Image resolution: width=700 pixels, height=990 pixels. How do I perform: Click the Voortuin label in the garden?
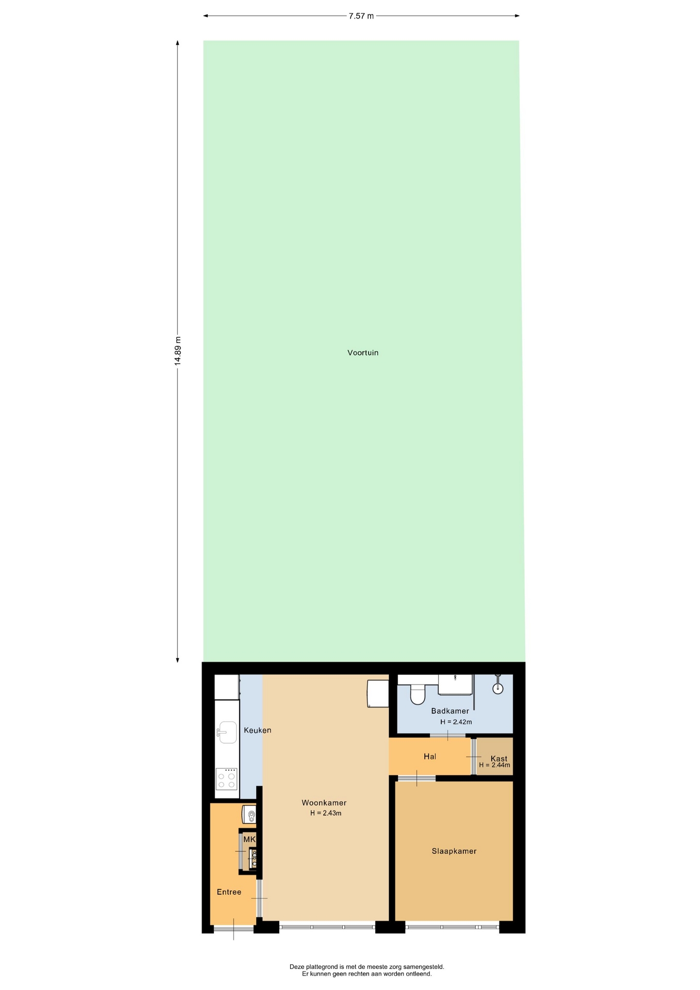363,353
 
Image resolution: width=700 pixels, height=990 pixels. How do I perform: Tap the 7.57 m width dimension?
361,16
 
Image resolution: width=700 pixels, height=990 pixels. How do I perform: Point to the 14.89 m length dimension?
178,351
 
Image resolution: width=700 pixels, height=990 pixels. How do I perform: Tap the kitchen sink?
227,732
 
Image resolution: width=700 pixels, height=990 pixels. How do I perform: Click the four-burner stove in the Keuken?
227,779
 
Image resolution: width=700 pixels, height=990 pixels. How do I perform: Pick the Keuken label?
257,730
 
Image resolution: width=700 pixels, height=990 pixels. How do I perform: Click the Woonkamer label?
324,803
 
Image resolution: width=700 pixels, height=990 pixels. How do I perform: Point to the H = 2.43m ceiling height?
326,813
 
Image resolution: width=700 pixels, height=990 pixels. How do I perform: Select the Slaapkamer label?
454,851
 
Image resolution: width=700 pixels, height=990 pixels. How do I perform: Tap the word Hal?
430,756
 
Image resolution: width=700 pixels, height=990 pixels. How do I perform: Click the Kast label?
499,758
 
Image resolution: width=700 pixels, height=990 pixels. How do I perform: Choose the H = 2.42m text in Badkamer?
456,722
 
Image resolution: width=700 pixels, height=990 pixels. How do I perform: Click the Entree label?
229,892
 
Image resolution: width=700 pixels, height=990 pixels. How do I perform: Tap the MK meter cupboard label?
249,839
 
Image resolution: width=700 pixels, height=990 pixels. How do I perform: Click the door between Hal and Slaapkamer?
416,778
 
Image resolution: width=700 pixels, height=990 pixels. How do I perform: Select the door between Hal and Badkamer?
447,735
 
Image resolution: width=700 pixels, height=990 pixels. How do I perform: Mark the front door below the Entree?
234,929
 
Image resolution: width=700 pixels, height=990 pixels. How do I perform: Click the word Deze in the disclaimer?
297,967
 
